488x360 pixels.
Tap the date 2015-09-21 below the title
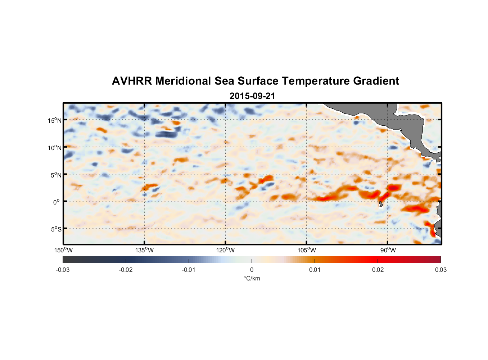(x=252, y=96)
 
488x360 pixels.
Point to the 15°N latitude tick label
(x=55, y=120)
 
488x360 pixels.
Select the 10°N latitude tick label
(x=55, y=148)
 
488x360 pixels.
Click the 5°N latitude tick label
(x=56, y=175)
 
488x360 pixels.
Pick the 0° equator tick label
(x=56, y=202)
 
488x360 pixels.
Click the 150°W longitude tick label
(x=63, y=250)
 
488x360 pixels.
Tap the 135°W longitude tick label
(x=144, y=250)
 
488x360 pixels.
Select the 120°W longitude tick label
(x=225, y=250)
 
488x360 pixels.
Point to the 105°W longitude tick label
(x=307, y=250)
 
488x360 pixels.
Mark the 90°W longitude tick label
(x=388, y=250)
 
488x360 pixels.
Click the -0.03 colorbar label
(x=63, y=270)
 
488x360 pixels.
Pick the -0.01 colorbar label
(x=188, y=270)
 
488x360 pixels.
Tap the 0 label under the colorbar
(x=252, y=270)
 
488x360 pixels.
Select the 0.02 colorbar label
(x=378, y=270)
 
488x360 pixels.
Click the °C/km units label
(x=252, y=278)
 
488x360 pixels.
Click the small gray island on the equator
(x=381, y=204)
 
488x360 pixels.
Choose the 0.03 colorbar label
(x=440, y=270)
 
